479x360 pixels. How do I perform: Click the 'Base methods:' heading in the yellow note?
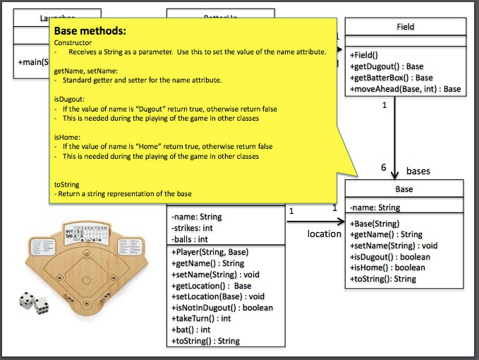pos(90,32)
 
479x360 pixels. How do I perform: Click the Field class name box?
pos(405,27)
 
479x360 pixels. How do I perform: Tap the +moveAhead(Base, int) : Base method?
pos(405,89)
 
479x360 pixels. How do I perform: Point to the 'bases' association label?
pos(418,171)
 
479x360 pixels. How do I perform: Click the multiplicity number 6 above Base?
pos(384,168)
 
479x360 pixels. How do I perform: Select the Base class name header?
pos(404,189)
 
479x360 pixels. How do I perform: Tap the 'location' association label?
pos(325,234)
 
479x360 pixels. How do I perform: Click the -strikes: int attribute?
pos(193,228)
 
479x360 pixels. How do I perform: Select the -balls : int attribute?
pos(189,239)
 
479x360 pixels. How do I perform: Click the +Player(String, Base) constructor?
pos(210,252)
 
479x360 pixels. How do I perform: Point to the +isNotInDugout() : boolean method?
pos(222,307)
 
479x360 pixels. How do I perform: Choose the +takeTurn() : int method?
pos(201,318)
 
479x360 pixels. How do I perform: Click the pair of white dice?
pos(34,302)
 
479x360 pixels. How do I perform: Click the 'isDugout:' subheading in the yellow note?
pos(71,100)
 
